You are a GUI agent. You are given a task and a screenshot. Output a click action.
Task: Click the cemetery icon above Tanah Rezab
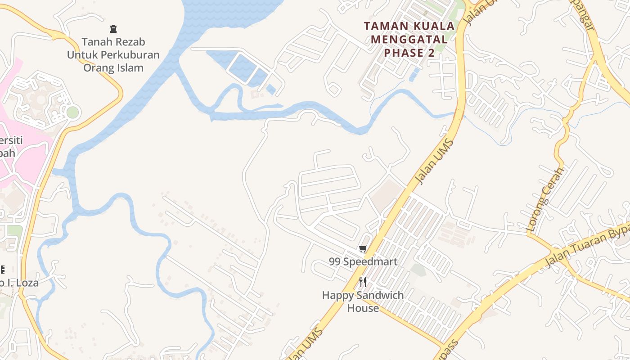click(x=113, y=29)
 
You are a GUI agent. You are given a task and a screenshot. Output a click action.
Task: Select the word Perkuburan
click(x=130, y=55)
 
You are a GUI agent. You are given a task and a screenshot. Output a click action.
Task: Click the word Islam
click(x=131, y=68)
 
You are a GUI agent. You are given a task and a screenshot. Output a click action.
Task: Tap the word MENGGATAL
click(x=409, y=40)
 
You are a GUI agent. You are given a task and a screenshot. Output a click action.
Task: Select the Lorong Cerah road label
click(x=545, y=199)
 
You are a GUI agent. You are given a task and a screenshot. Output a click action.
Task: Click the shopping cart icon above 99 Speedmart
click(x=363, y=248)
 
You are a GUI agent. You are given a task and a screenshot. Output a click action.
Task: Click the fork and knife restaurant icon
click(x=363, y=282)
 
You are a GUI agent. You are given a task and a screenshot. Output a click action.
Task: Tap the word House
click(x=363, y=308)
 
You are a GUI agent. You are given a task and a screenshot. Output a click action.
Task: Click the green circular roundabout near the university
click(x=72, y=112)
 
